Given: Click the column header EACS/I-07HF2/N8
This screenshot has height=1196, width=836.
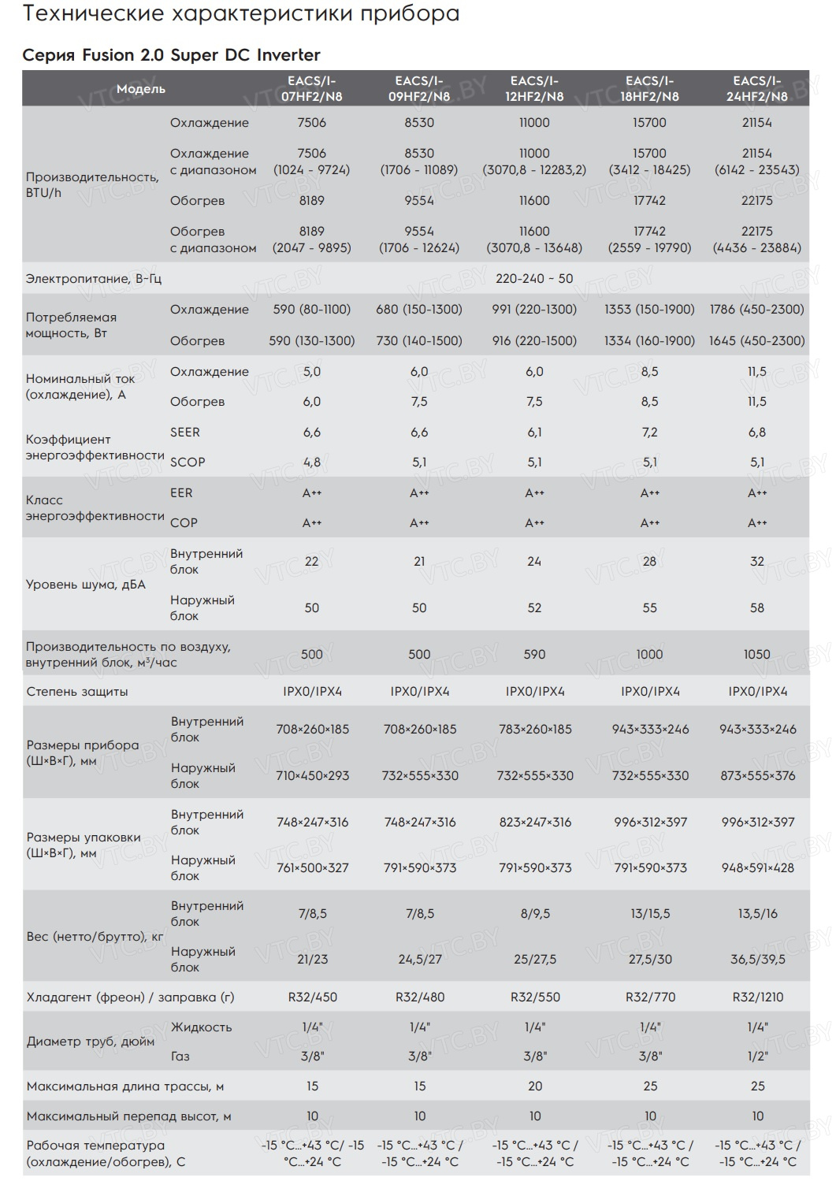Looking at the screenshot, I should [312, 88].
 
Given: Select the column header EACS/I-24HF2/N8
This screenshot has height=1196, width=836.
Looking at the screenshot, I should [756, 88].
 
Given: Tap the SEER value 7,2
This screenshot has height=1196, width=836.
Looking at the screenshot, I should [649, 432].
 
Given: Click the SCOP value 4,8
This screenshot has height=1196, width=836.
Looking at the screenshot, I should [312, 462].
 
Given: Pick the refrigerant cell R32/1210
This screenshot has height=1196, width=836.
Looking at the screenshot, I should [757, 997].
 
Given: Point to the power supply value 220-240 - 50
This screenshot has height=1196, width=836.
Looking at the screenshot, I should [534, 279].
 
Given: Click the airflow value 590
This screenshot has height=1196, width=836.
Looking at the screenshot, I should [534, 654].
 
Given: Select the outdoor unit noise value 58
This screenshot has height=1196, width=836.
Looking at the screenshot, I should [757, 607].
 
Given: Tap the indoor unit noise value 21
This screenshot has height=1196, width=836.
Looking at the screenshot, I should [419, 561].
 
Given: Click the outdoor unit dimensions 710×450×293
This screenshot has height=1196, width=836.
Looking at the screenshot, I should [312, 775].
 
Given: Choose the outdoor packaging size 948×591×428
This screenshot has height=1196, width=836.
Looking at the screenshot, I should [757, 867].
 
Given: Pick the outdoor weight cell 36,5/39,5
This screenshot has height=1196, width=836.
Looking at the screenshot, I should [757, 959].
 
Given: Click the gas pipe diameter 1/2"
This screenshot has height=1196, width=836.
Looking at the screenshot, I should [757, 1056].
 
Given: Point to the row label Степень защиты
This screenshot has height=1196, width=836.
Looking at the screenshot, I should [77, 692].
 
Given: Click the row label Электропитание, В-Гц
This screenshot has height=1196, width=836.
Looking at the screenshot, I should [94, 279].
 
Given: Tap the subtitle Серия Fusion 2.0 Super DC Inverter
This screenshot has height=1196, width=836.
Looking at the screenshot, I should [172, 55].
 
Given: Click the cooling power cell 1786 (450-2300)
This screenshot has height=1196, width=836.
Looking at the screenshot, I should [757, 309].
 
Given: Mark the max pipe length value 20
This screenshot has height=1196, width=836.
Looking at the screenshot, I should [535, 1086].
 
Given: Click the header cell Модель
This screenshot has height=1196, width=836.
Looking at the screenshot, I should [141, 88].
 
